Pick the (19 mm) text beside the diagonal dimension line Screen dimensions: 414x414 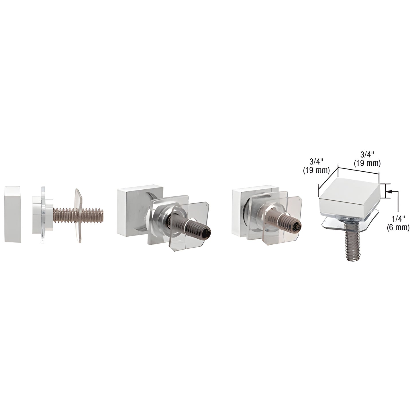tap(316, 170)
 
